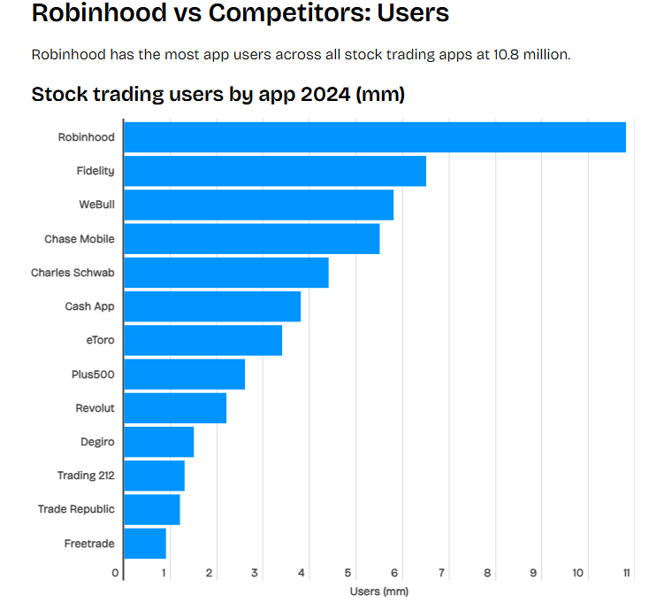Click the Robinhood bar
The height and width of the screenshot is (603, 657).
pyautogui.click(x=375, y=137)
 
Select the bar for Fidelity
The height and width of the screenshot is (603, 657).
pyautogui.click(x=275, y=171)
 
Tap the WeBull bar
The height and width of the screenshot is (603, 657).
pyautogui.click(x=258, y=205)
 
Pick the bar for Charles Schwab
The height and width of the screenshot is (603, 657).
pyautogui.click(x=226, y=273)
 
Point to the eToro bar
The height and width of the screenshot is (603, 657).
pyautogui.click(x=202, y=340)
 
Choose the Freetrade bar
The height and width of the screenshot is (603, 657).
pyautogui.click(x=145, y=543)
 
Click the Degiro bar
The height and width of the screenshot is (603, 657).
pyautogui.click(x=158, y=442)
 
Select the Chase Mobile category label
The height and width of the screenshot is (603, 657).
pyautogui.click(x=80, y=239)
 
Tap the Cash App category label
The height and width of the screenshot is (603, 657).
pyautogui.click(x=89, y=306)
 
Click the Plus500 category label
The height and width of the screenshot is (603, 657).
pyautogui.click(x=93, y=374)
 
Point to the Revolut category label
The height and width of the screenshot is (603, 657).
pyautogui.click(x=95, y=408)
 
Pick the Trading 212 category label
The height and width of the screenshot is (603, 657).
pyautogui.click(x=86, y=475)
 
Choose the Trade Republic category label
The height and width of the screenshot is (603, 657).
pyautogui.click(x=76, y=509)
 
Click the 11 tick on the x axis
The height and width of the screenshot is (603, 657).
pyautogui.click(x=626, y=573)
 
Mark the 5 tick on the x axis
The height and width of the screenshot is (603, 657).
pyautogui.click(x=349, y=573)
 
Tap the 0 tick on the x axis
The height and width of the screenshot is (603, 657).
pyautogui.click(x=116, y=573)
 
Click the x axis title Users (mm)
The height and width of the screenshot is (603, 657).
pyautogui.click(x=379, y=591)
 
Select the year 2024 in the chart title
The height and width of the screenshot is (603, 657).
pyautogui.click(x=325, y=94)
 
